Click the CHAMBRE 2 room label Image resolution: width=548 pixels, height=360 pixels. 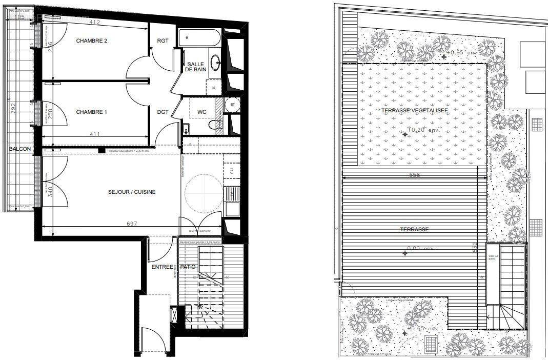[91, 41]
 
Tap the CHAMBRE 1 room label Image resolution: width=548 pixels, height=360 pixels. [91, 112]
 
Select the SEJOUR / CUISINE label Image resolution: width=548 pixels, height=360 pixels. [132, 192]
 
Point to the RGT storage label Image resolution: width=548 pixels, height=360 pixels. [163, 41]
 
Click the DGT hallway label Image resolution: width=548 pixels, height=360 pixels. [163, 112]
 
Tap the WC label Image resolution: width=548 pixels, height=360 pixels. [201, 112]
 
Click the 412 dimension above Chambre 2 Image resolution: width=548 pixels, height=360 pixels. [94, 23]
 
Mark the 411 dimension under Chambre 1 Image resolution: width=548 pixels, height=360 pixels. [93, 134]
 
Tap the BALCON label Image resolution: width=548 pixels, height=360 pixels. [19, 149]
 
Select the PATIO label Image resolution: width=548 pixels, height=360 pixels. [188, 267]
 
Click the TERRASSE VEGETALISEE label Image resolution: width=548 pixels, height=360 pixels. [415, 110]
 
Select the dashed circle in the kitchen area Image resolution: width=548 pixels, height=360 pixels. [204, 193]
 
